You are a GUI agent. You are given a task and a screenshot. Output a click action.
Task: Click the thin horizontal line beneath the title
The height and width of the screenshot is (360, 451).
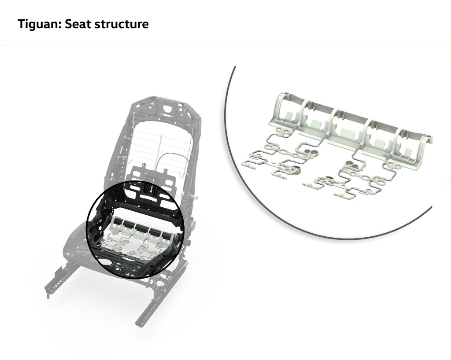tap(225, 45)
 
